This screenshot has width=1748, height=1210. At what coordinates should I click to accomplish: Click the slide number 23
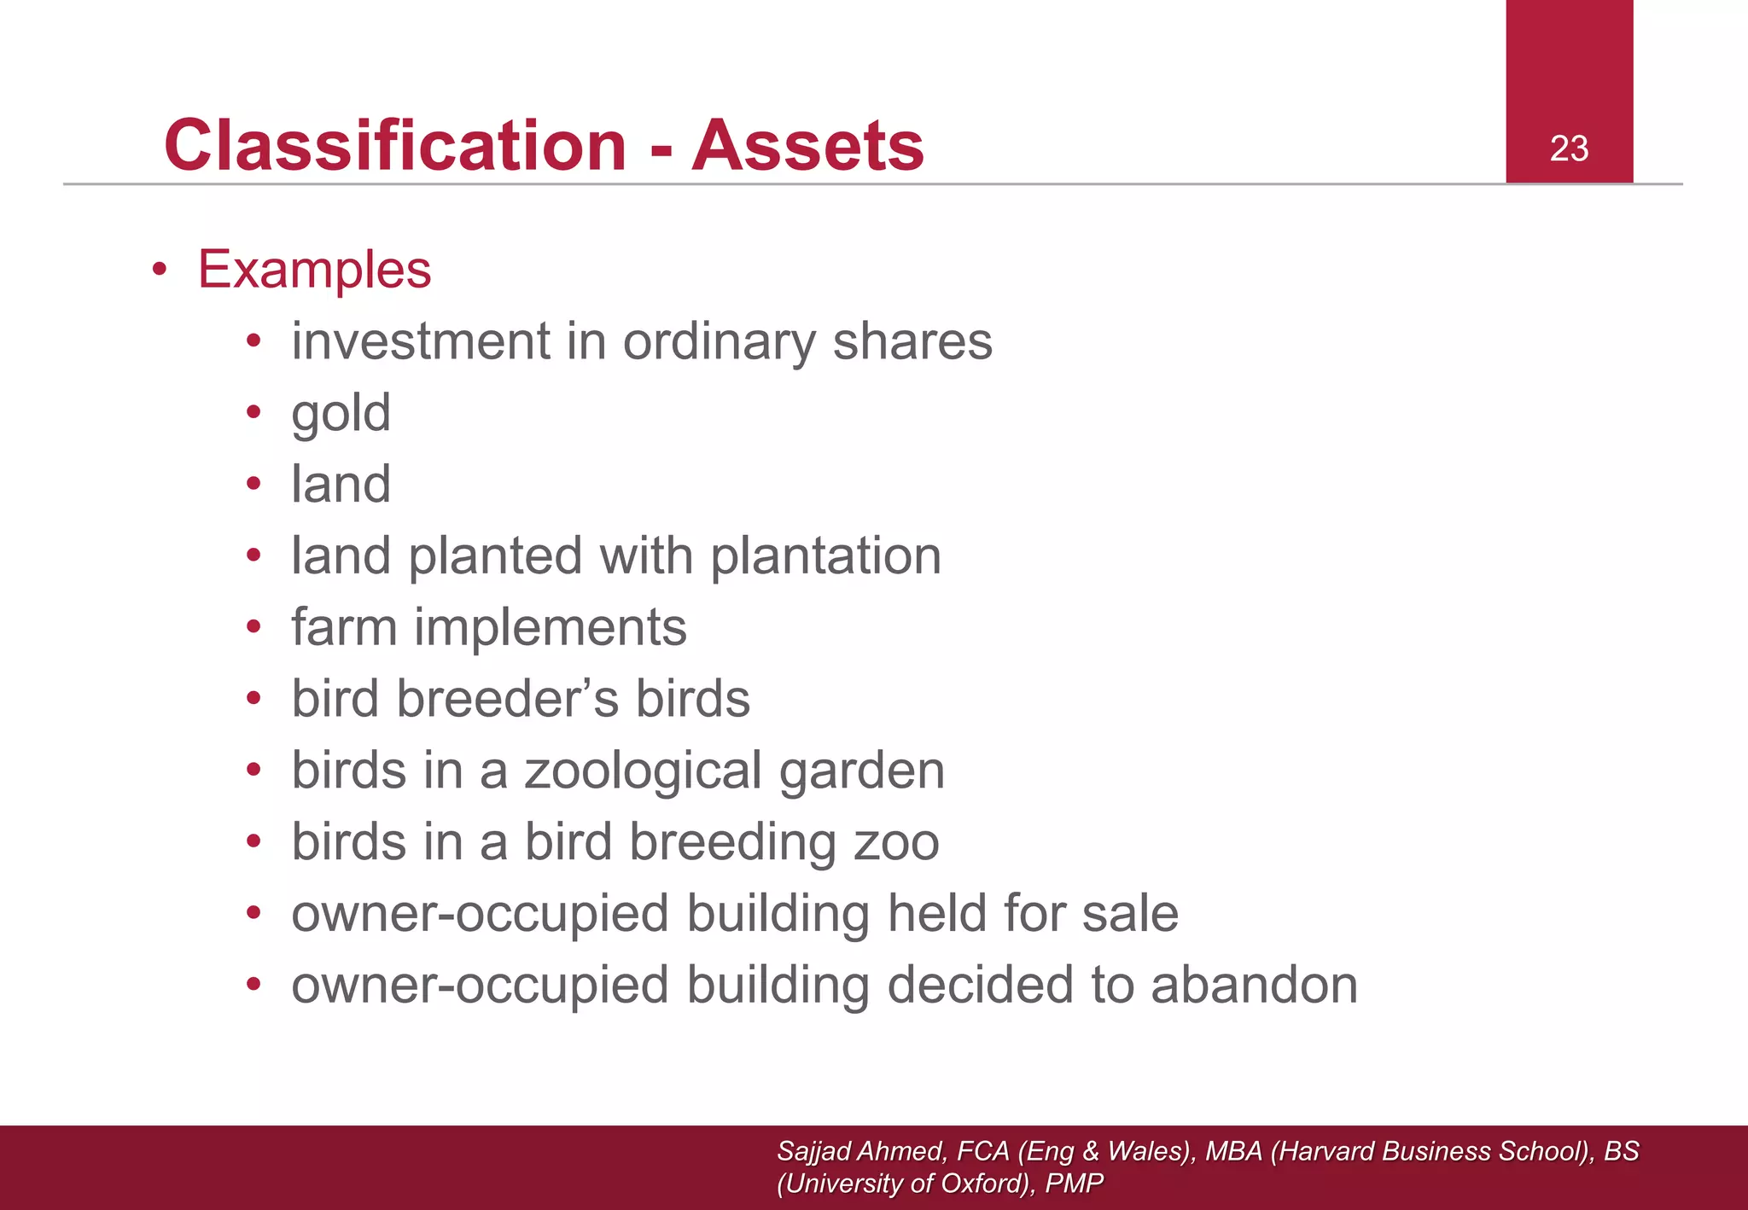coord(1569,149)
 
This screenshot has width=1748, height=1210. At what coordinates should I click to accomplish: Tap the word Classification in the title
coord(395,145)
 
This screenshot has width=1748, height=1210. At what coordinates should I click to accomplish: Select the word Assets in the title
coord(807,145)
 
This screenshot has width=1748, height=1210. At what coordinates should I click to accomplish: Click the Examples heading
coord(314,270)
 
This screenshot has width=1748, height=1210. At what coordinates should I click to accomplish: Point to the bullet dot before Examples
coord(159,271)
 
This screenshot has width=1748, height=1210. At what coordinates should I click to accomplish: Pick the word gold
coord(341,414)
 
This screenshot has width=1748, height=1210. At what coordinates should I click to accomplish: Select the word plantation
coord(825,556)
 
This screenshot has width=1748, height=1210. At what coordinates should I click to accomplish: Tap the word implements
coord(550,628)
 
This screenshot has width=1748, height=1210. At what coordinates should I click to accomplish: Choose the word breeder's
coord(507,699)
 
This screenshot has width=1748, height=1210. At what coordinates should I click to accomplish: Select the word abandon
coord(1254,986)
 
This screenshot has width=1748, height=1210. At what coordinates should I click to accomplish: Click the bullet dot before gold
coord(253,414)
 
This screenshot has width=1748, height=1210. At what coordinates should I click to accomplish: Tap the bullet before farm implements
coord(253,628)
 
